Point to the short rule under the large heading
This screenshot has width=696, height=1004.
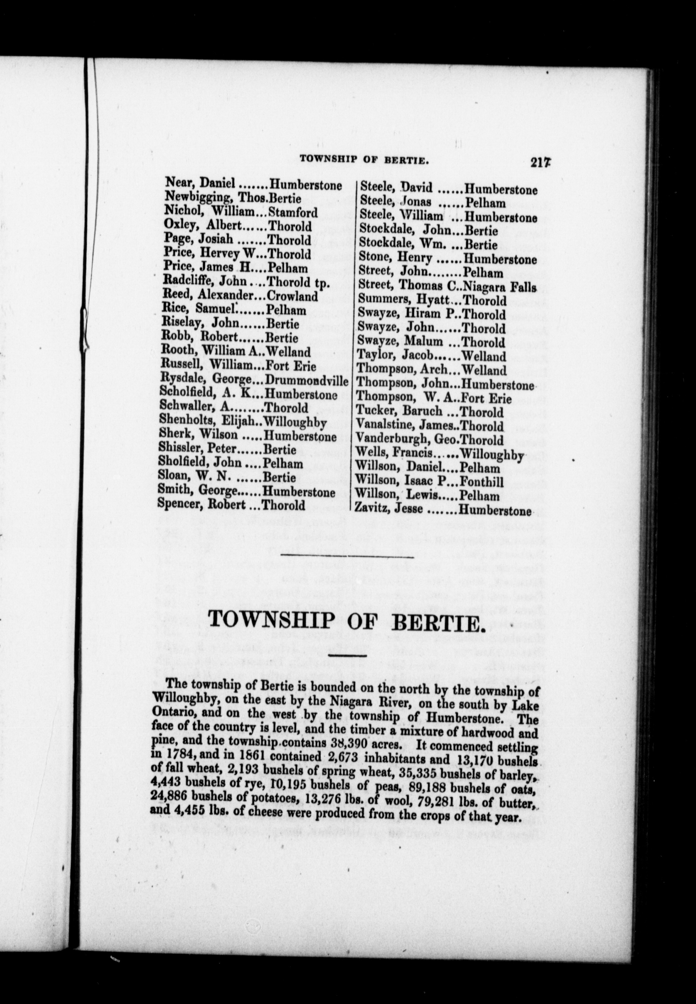coord(348,656)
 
